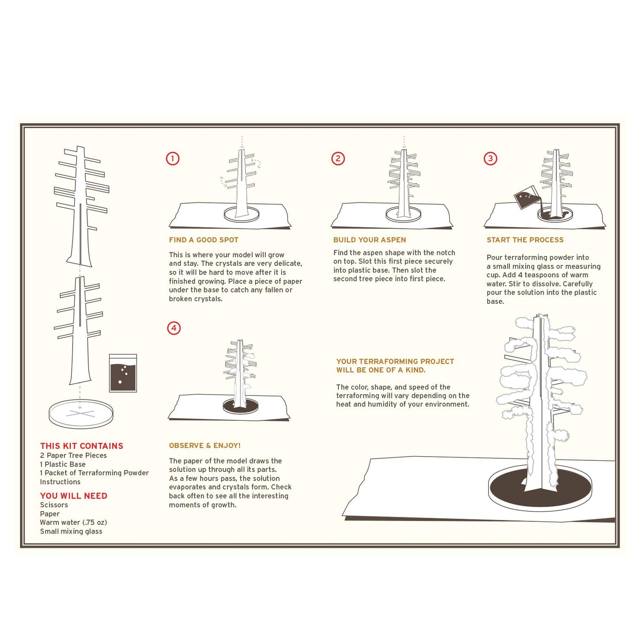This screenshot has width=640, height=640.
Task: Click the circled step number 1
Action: point(173,159)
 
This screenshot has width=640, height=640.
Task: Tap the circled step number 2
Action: point(338,159)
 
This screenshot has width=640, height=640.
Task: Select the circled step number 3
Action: point(490,159)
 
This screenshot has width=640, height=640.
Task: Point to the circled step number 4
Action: point(174,328)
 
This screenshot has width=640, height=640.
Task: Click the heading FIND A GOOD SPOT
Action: point(203,240)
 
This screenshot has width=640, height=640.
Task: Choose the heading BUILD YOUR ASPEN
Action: point(369,240)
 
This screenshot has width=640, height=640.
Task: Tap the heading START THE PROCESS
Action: point(525,240)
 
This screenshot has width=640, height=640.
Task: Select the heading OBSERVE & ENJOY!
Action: point(205,446)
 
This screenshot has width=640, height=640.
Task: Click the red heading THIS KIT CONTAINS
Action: point(81,446)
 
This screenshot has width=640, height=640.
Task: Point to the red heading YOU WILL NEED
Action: point(74,496)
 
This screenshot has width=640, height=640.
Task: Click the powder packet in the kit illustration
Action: point(123,373)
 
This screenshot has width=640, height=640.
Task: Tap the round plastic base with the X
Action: point(81,414)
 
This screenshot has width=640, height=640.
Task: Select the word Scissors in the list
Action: point(54,505)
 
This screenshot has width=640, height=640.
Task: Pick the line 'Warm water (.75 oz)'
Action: point(73,523)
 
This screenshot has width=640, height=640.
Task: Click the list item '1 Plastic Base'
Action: point(62,464)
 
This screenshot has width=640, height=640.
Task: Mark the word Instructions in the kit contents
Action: point(60,482)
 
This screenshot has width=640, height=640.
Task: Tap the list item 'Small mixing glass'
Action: point(71,531)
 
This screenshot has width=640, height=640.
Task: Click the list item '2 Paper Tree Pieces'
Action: point(73,455)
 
